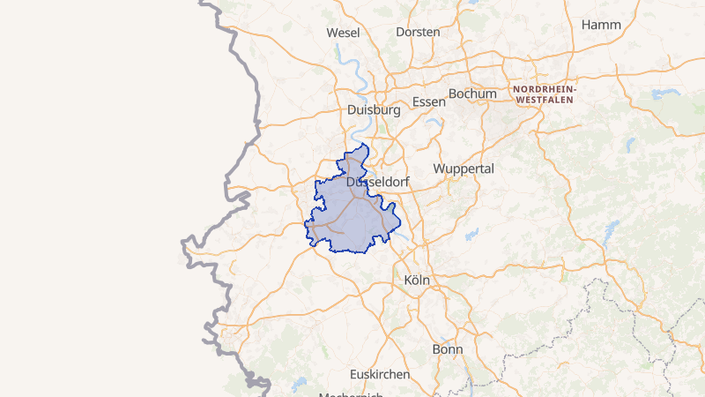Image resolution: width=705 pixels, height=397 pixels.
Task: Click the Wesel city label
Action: (x=343, y=32)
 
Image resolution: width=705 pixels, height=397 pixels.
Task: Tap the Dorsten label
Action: (x=418, y=32)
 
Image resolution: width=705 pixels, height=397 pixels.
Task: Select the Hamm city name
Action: (x=601, y=25)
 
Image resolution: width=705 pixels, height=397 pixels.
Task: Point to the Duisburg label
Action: (x=374, y=110)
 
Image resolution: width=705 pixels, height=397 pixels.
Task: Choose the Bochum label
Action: (x=473, y=93)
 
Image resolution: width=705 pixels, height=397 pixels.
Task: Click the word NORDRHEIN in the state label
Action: (x=543, y=90)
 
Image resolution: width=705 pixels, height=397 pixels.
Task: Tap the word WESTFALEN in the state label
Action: (x=545, y=100)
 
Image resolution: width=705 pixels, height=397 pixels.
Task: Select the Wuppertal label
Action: (x=464, y=168)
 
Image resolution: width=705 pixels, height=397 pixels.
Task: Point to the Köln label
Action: (x=416, y=280)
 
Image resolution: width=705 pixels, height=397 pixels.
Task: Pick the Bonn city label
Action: (x=448, y=349)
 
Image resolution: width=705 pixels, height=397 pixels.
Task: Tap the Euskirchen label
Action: (x=380, y=374)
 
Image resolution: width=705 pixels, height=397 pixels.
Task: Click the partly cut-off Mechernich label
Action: (x=351, y=393)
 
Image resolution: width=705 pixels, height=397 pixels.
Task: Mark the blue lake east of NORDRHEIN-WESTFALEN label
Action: (x=662, y=93)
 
